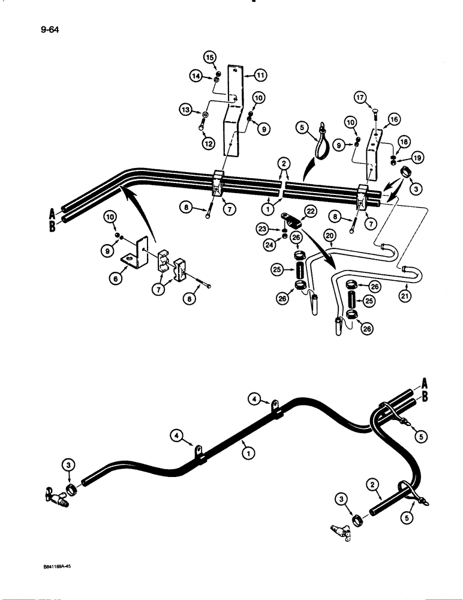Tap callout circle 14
tap(196, 76)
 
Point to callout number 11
tap(260, 75)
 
